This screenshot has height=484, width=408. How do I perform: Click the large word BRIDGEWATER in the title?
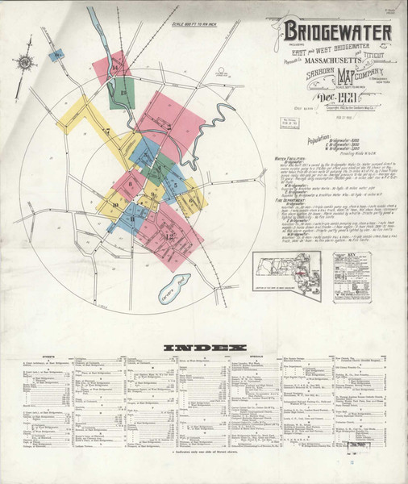336,32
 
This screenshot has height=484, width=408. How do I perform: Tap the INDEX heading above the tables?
204,348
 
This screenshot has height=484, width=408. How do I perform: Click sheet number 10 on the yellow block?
114,205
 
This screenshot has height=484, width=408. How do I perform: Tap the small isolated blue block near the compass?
55,56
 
